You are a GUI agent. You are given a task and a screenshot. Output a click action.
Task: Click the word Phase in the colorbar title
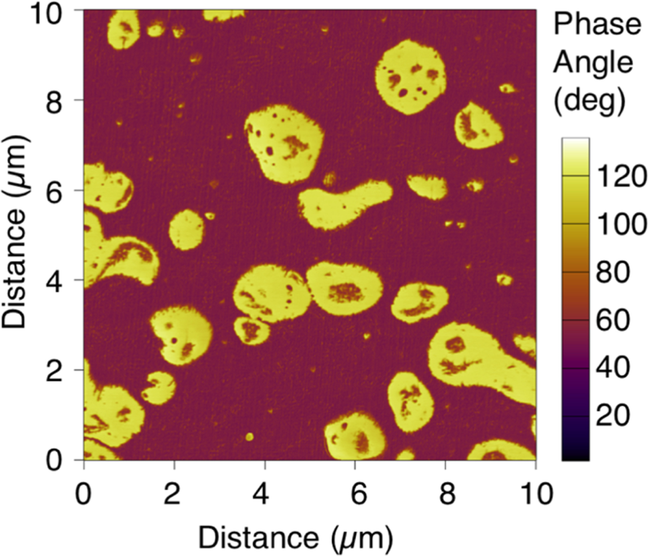point(597,24)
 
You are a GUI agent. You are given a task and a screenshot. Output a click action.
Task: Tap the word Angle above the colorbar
point(593,62)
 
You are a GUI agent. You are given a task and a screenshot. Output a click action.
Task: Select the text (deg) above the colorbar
point(590,99)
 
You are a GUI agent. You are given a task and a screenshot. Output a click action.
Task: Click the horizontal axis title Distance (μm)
point(296,537)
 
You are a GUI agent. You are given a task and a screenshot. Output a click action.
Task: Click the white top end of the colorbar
point(575,141)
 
